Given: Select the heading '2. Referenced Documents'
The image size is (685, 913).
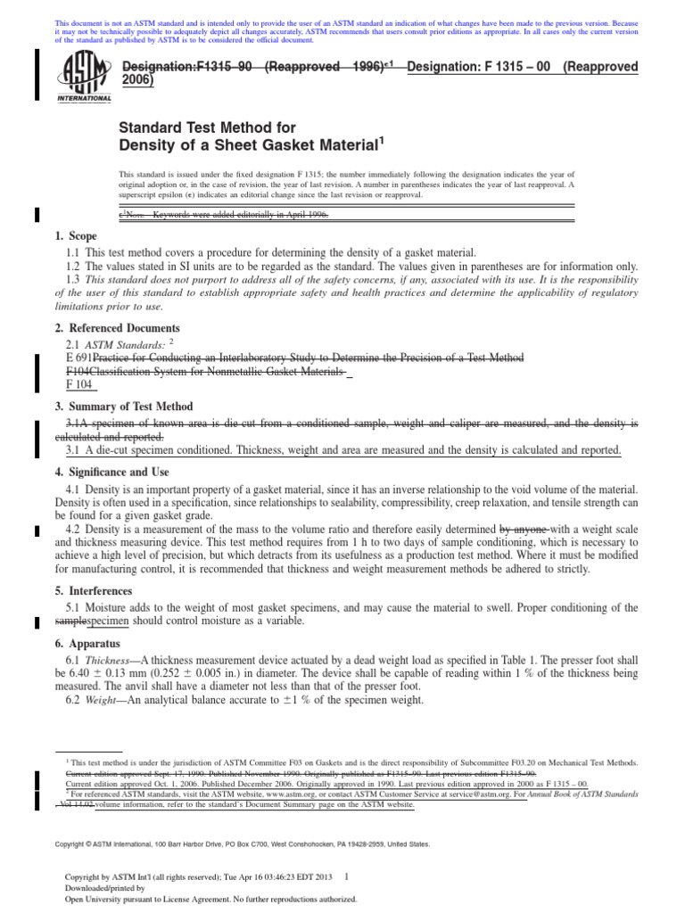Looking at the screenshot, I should tap(117, 328).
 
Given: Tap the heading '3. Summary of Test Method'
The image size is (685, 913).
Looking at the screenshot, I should tap(124, 407).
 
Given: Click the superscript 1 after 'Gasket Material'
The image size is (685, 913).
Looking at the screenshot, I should tap(383, 139).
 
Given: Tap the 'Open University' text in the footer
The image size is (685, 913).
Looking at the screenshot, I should tap(93, 898).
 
